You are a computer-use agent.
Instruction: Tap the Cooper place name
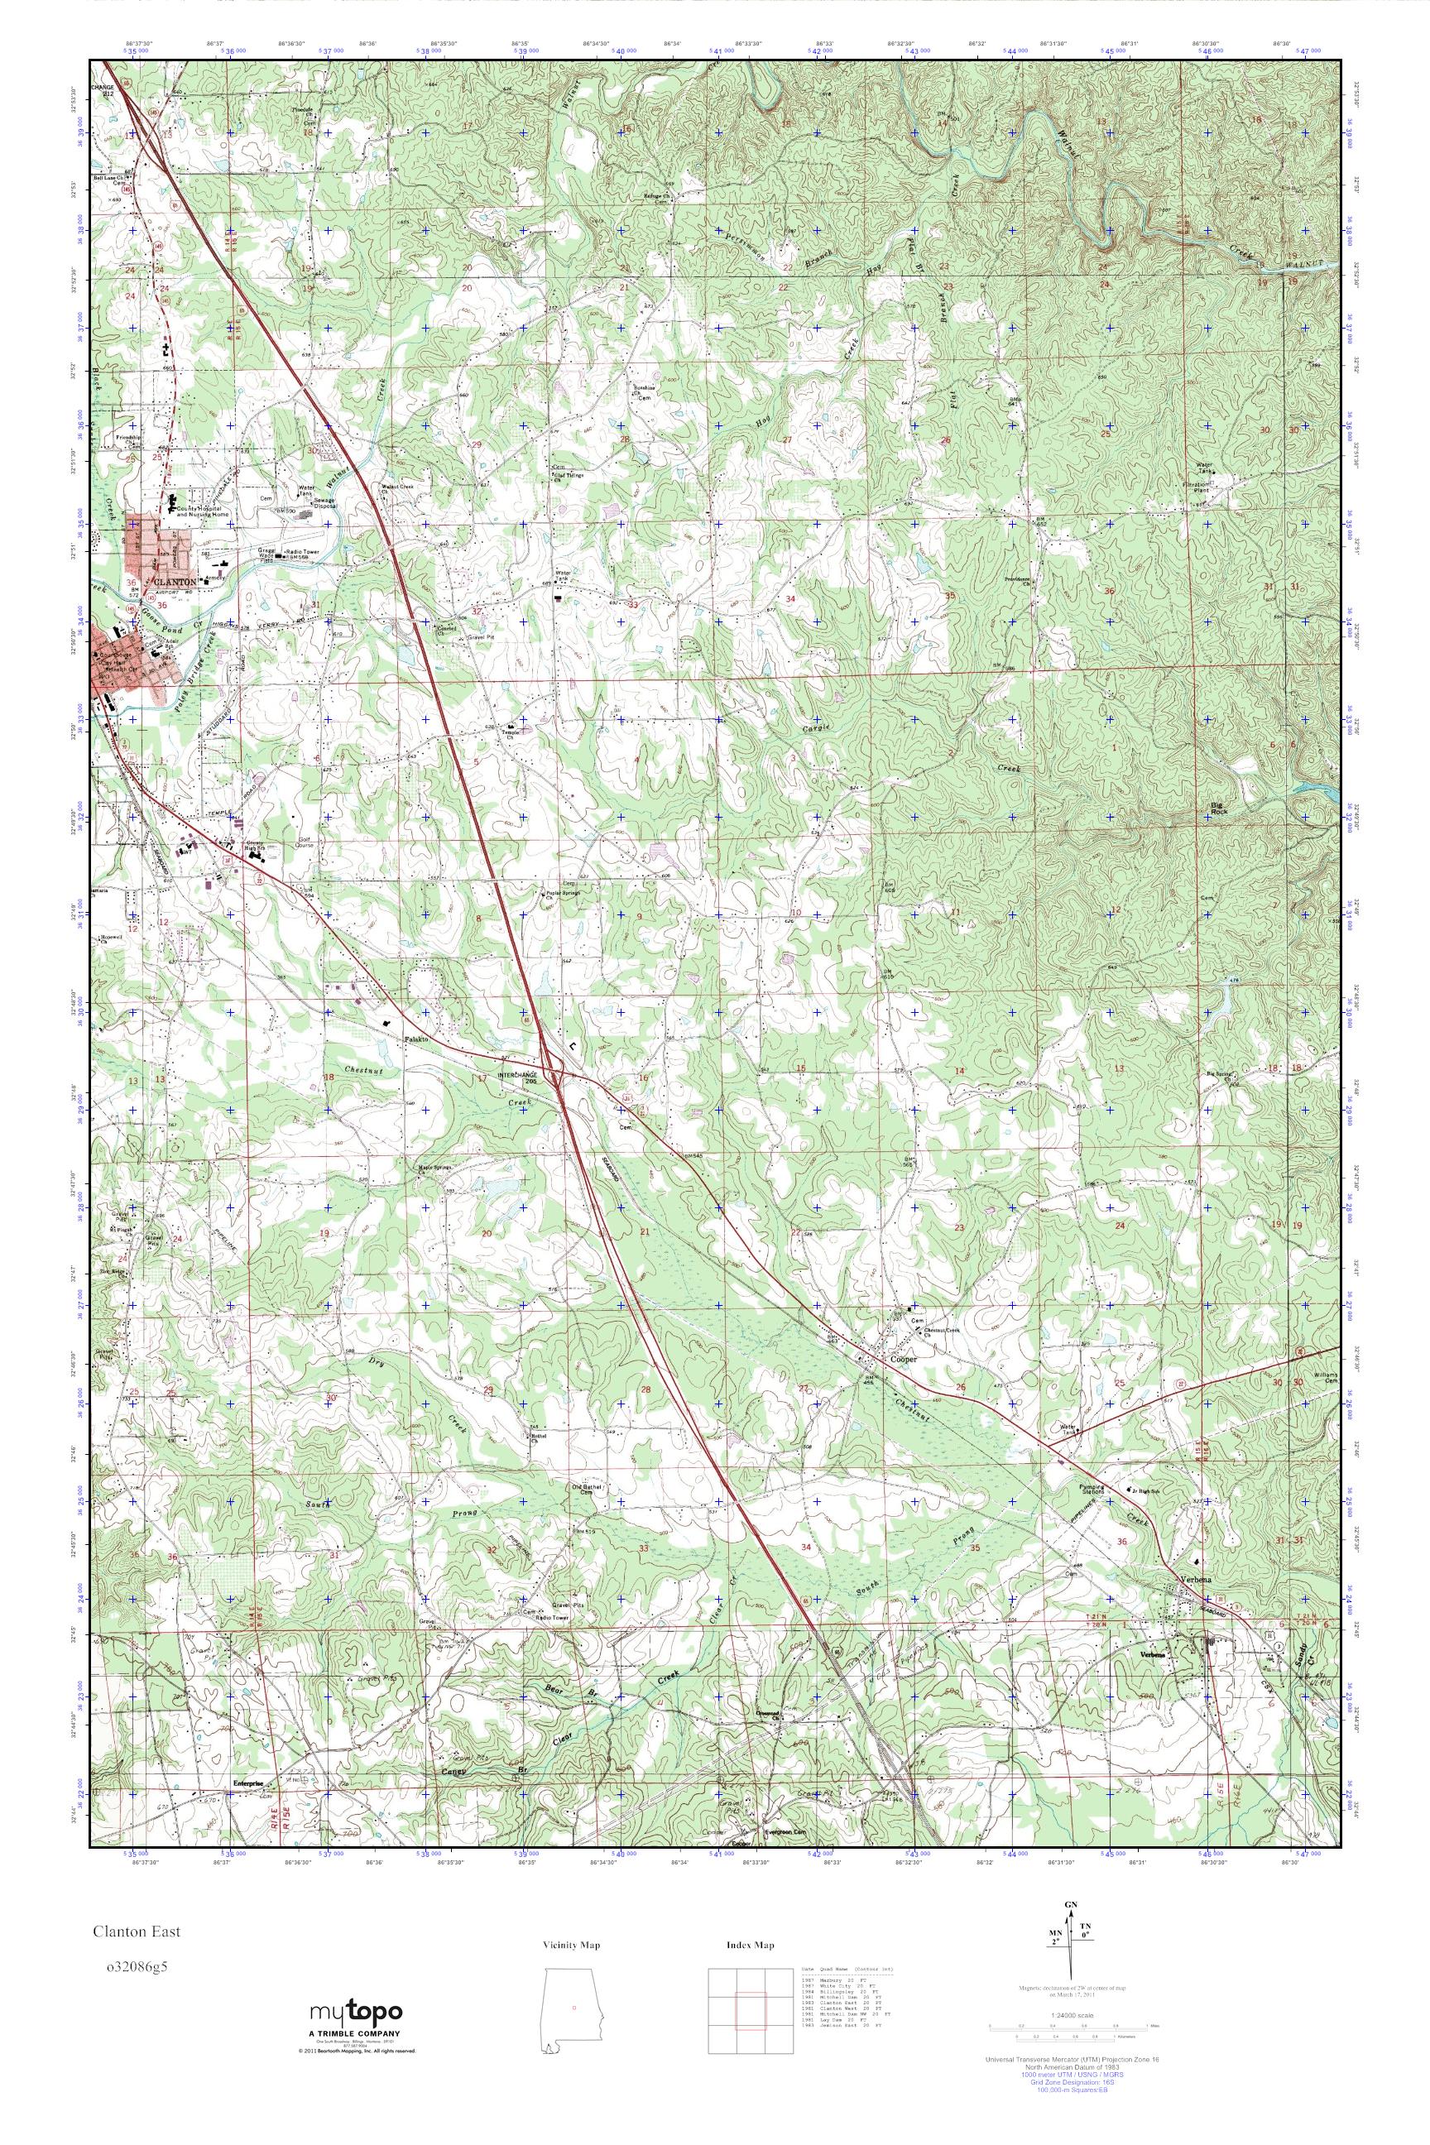tap(900, 1357)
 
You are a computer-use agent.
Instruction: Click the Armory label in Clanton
tap(215, 578)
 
